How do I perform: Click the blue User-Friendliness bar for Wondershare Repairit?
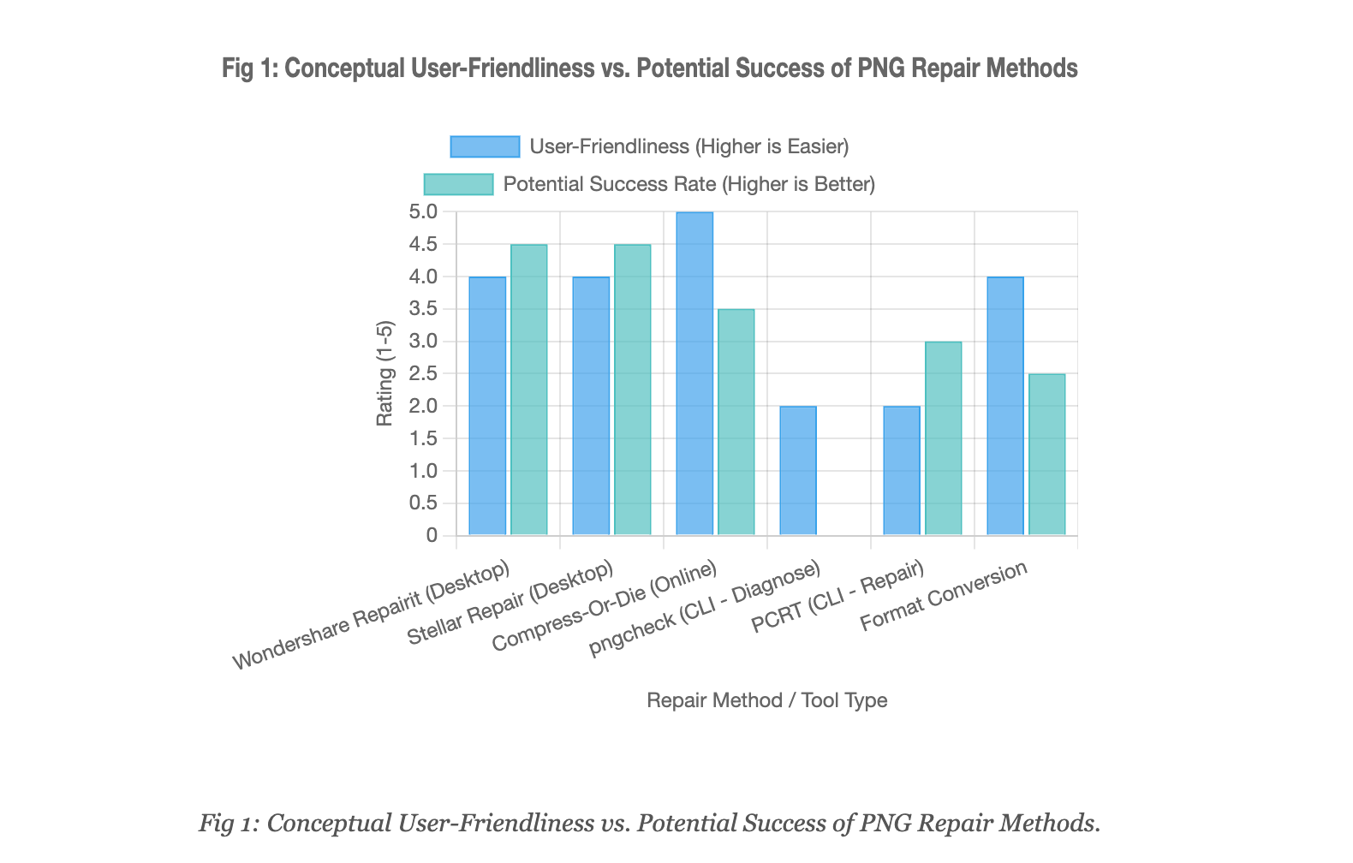click(487, 407)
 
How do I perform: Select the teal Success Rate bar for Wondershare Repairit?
click(529, 390)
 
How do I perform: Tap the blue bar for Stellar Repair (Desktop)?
click(591, 407)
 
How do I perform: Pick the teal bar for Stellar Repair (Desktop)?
click(633, 390)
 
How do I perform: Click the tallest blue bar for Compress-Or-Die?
click(694, 374)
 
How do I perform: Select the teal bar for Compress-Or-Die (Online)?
click(736, 423)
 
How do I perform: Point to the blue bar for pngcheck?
click(798, 471)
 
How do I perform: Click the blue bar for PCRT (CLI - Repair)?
click(902, 471)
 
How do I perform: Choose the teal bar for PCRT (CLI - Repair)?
click(944, 439)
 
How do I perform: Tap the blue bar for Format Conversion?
click(1005, 407)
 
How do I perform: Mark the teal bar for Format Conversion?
click(1047, 455)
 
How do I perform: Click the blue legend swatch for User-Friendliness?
click(485, 146)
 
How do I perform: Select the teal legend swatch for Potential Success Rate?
click(459, 184)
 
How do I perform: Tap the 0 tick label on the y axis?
click(431, 536)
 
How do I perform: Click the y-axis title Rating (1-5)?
click(385, 373)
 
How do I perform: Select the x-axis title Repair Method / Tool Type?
click(766, 700)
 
